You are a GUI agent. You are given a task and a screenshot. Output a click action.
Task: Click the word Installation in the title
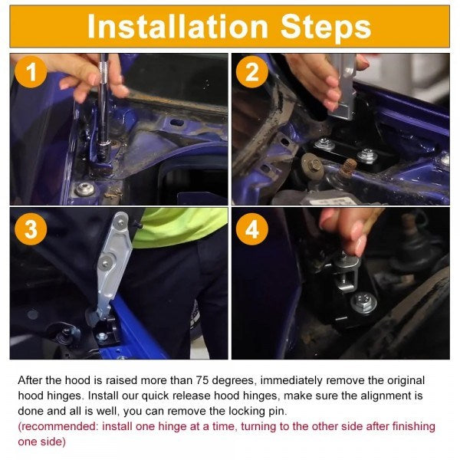[178, 26]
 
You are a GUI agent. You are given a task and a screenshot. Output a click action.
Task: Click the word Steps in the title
[327, 27]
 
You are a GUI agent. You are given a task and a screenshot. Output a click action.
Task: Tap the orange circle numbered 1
[31, 71]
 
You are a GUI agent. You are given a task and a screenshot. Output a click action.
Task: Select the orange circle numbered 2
[252, 71]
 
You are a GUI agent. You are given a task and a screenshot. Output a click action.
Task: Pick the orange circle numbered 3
[31, 228]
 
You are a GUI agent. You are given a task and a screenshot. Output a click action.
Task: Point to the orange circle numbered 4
[252, 228]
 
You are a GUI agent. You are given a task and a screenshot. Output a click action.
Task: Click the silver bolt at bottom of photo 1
[85, 189]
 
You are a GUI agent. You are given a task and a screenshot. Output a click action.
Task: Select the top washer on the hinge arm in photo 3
[120, 223]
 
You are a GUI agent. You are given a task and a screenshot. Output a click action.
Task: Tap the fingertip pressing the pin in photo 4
[360, 246]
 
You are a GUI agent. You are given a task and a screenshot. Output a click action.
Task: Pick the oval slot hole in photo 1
[176, 122]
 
